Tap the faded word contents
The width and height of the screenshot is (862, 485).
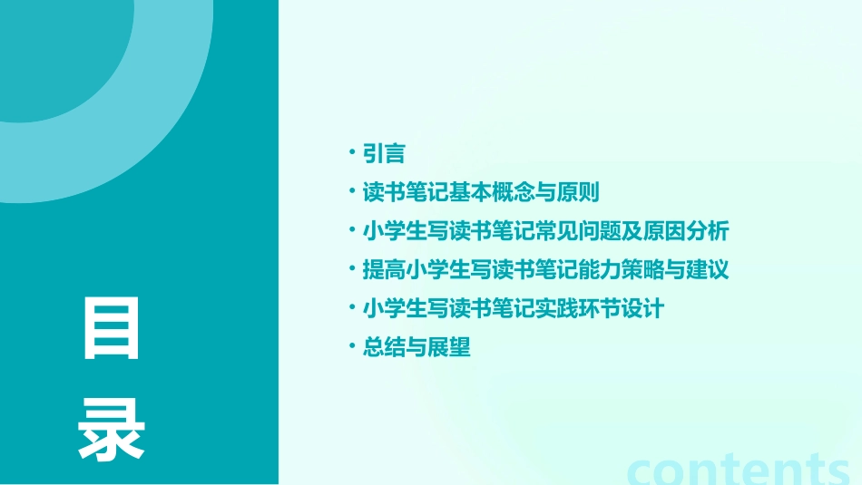click(x=740, y=470)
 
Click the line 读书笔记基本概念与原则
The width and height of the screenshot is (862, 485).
click(x=481, y=192)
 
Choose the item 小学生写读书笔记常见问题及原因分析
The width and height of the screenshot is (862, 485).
click(x=545, y=231)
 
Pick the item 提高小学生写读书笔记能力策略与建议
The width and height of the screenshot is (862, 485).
click(x=545, y=270)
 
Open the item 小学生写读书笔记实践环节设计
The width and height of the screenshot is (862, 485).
click(x=514, y=308)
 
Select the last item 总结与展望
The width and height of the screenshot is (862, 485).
click(x=416, y=347)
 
